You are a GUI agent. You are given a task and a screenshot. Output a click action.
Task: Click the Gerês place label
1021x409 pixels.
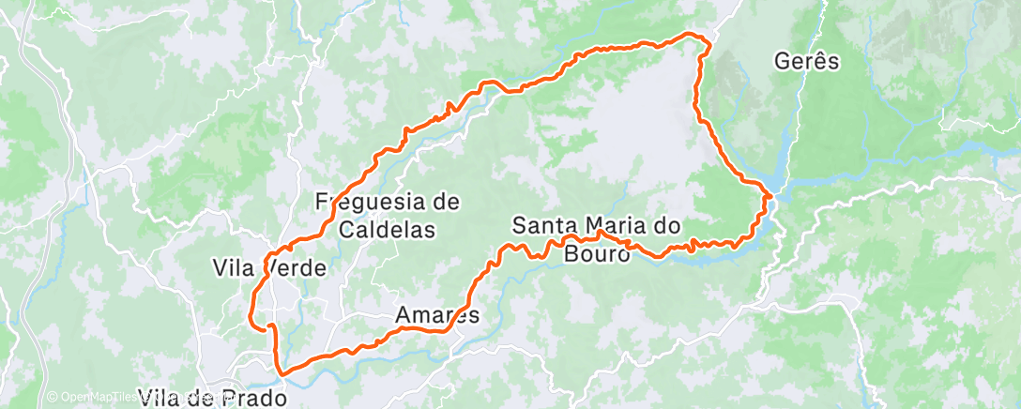tap(806, 62)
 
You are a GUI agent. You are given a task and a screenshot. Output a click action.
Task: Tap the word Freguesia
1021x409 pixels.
tap(365, 201)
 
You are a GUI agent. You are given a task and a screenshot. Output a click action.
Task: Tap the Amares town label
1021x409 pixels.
tap(436, 315)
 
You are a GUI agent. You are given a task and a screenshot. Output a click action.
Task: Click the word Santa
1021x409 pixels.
tap(544, 225)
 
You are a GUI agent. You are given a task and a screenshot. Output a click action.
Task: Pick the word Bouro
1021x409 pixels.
tap(597, 252)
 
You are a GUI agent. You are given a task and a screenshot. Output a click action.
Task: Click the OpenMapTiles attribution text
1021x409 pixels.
tap(98, 398)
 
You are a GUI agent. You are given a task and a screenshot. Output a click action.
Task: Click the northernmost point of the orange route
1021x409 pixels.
tap(694, 35)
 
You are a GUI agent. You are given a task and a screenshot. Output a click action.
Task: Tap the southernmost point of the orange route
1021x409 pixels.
tap(280, 372)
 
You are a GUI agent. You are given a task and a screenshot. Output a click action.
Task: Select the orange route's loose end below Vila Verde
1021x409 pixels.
tap(253, 326)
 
